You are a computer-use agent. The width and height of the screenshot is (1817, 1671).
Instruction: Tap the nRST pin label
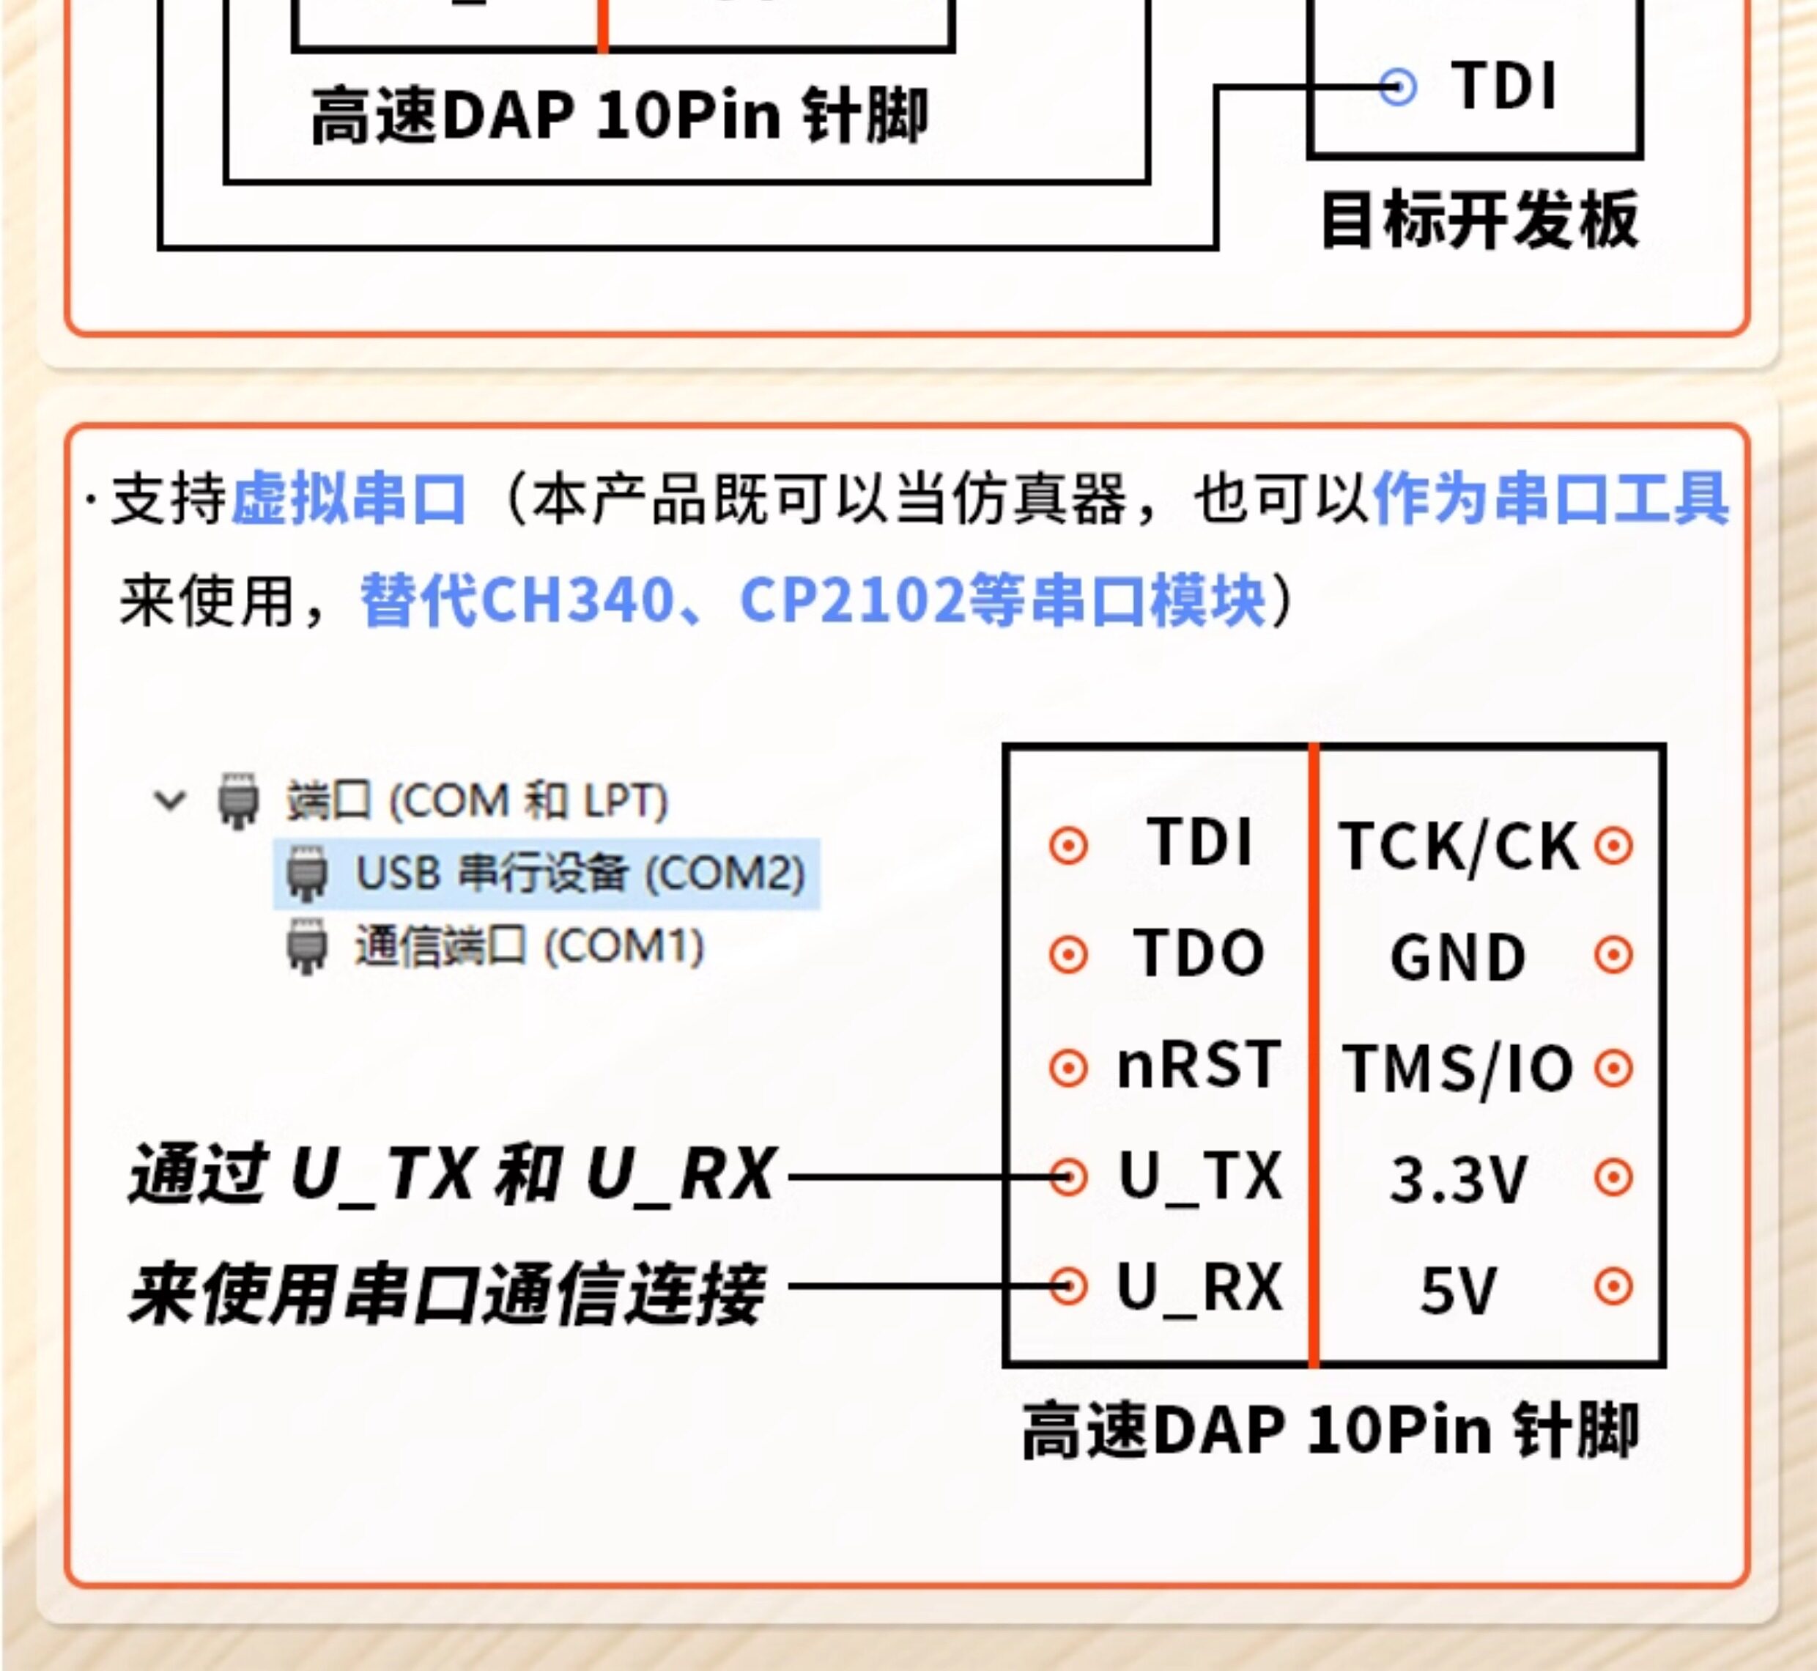click(x=1199, y=1064)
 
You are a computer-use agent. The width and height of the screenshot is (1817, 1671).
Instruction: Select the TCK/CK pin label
click(x=1459, y=847)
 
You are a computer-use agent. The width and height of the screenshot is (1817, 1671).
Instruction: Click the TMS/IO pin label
click(x=1458, y=1069)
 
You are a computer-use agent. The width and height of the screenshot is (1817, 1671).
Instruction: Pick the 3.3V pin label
click(x=1458, y=1180)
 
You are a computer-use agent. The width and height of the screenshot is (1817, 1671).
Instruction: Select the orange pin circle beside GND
click(x=1613, y=955)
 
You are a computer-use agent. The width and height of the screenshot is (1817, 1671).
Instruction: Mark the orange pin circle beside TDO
click(x=1068, y=955)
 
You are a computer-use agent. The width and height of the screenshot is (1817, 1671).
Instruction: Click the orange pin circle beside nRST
click(x=1068, y=1069)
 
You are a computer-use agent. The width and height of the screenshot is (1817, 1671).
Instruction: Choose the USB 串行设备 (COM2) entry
click(x=580, y=874)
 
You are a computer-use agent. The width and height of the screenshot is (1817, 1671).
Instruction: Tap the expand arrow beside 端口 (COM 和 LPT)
click(x=170, y=800)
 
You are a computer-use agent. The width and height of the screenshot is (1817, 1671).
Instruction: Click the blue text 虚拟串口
click(x=349, y=498)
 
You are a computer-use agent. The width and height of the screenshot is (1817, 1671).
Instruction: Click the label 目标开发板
click(x=1480, y=220)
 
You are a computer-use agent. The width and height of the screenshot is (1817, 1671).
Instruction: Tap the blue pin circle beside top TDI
click(x=1398, y=88)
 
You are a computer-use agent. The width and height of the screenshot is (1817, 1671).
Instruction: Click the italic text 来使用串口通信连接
click(x=448, y=1293)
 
